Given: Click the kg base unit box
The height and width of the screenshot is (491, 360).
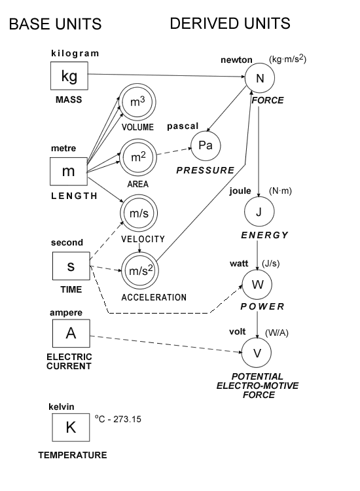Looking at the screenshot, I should coord(69,77).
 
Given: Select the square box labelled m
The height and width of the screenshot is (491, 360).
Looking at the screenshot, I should coord(69,172).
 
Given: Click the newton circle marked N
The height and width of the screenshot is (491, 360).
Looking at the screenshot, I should coord(259,80).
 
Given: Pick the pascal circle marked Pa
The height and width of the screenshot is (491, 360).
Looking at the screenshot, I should coord(206,145).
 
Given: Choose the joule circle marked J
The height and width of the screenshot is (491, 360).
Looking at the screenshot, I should coord(259,212).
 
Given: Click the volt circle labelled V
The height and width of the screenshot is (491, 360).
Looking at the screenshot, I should coord(257,352).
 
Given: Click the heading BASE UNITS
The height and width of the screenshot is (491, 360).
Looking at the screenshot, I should coord(55,25).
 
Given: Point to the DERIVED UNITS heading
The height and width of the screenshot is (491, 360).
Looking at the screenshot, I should coord(230,24).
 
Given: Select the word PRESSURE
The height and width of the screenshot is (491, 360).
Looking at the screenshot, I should coord(206,170).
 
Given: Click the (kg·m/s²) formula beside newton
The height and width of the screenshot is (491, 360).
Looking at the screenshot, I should coord(287,60).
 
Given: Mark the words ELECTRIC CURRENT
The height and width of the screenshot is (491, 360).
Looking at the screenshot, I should coord(71,361).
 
